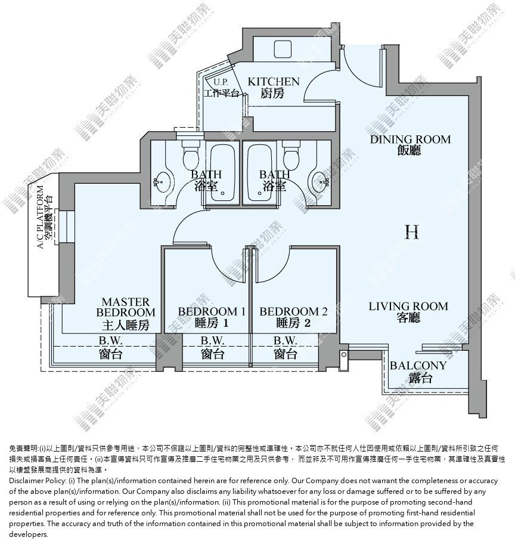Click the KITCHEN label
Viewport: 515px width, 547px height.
click(x=274, y=82)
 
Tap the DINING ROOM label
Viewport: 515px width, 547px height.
click(x=410, y=140)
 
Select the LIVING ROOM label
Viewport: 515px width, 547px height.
click(x=408, y=306)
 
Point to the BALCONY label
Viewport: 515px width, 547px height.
click(x=418, y=366)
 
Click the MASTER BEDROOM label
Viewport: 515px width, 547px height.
click(x=126, y=307)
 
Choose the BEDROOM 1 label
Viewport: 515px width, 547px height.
click(x=212, y=311)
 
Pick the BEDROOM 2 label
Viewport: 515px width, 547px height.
click(x=293, y=311)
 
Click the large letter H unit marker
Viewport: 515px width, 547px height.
click(x=411, y=232)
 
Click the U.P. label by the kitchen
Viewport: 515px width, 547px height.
click(x=221, y=82)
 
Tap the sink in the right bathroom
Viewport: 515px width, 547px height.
click(x=320, y=182)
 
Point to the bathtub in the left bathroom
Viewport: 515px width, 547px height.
click(x=222, y=173)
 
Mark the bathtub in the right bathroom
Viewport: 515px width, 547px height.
click(x=259, y=173)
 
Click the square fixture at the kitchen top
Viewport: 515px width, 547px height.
click(x=283, y=49)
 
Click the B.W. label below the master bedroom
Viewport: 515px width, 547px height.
click(x=110, y=340)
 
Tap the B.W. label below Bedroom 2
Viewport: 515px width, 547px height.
click(x=286, y=340)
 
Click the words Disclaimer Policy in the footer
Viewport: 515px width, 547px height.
click(x=38, y=481)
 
